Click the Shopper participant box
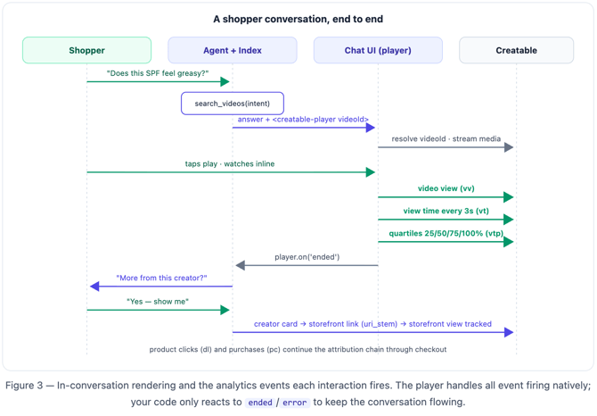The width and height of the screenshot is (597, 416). pyautogui.click(x=86, y=50)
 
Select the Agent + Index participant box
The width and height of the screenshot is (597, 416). pyautogui.click(x=233, y=50)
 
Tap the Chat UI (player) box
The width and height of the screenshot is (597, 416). pyautogui.click(x=378, y=50)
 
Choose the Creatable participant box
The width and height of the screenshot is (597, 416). pyautogui.click(x=516, y=50)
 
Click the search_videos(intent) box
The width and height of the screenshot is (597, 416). pyautogui.click(x=233, y=104)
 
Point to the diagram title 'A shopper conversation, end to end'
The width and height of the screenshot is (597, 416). pyautogui.click(x=298, y=19)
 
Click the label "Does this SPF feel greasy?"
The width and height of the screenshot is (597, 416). pyautogui.click(x=158, y=73)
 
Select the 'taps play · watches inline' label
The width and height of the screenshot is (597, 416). pyautogui.click(x=230, y=164)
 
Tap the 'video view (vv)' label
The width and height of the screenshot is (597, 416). pyautogui.click(x=446, y=188)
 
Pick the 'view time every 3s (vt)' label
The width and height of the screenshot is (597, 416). pyautogui.click(x=446, y=211)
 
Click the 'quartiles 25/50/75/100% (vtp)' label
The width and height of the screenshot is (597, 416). pyautogui.click(x=446, y=233)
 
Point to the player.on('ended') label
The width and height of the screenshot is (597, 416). pyautogui.click(x=307, y=257)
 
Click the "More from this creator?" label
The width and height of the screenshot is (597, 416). pyautogui.click(x=161, y=278)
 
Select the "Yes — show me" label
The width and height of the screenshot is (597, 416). pyautogui.click(x=158, y=302)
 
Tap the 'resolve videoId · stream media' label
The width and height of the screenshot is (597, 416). pyautogui.click(x=446, y=138)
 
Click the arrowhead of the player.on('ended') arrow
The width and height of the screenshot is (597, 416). pyautogui.click(x=240, y=265)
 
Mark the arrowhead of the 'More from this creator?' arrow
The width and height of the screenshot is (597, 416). pyautogui.click(x=94, y=287)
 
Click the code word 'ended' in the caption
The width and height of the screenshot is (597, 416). pyautogui.click(x=260, y=403)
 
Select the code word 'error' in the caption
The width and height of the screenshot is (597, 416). pyautogui.click(x=295, y=403)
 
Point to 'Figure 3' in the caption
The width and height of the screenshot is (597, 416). pyautogui.click(x=24, y=386)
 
